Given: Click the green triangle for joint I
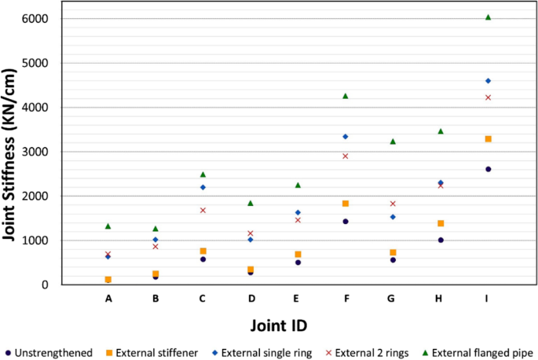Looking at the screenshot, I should click(x=488, y=17).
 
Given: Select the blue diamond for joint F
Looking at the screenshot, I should click(x=346, y=137).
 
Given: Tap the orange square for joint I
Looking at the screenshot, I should click(x=488, y=139).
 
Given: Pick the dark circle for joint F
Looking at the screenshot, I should click(x=346, y=222).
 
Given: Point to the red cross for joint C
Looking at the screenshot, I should click(x=203, y=211).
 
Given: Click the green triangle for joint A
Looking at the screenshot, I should click(x=108, y=226).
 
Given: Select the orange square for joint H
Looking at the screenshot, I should click(x=441, y=224).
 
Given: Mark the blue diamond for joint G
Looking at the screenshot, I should click(x=393, y=217).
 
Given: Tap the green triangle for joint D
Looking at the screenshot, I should click(x=251, y=203).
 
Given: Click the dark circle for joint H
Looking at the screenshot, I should click(x=441, y=240).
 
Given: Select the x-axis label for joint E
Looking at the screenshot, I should click(x=298, y=299).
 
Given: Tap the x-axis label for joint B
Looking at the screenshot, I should click(x=156, y=299).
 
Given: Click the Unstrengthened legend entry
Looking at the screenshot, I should click(x=53, y=352).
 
